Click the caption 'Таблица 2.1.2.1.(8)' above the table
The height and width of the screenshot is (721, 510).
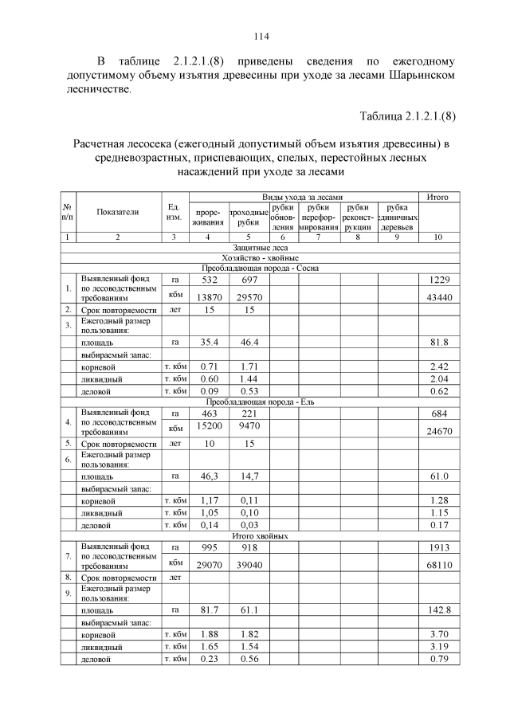pos(407,116)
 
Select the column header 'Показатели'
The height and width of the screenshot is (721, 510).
pos(118,212)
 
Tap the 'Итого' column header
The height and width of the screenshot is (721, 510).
pos(437,196)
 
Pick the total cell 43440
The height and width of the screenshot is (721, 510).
pos(437,296)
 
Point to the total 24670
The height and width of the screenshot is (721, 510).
pos(437,430)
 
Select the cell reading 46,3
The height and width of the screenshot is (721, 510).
pos(207,476)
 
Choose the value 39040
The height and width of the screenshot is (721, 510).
pos(248,564)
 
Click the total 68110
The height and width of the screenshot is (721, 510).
pos(437,564)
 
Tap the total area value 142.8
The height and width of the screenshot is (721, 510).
pos(437,609)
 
